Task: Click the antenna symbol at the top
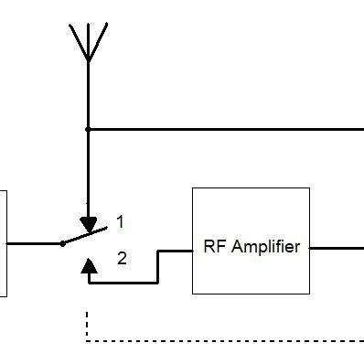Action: [x=88, y=46]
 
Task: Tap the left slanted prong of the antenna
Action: [x=79, y=40]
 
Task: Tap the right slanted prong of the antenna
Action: [x=97, y=40]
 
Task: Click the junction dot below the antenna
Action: [x=88, y=129]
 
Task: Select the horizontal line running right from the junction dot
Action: [x=229, y=129]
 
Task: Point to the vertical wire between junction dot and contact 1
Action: [x=88, y=174]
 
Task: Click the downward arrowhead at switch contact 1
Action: [x=88, y=224]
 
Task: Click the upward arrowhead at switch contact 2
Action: [x=88, y=267]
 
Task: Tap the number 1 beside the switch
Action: [x=120, y=222]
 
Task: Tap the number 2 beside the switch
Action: [x=122, y=259]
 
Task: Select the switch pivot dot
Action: [x=62, y=243]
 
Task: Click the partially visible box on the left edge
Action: [x=3, y=243]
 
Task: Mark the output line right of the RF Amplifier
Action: [x=337, y=247]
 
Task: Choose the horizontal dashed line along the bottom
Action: [x=229, y=341]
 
